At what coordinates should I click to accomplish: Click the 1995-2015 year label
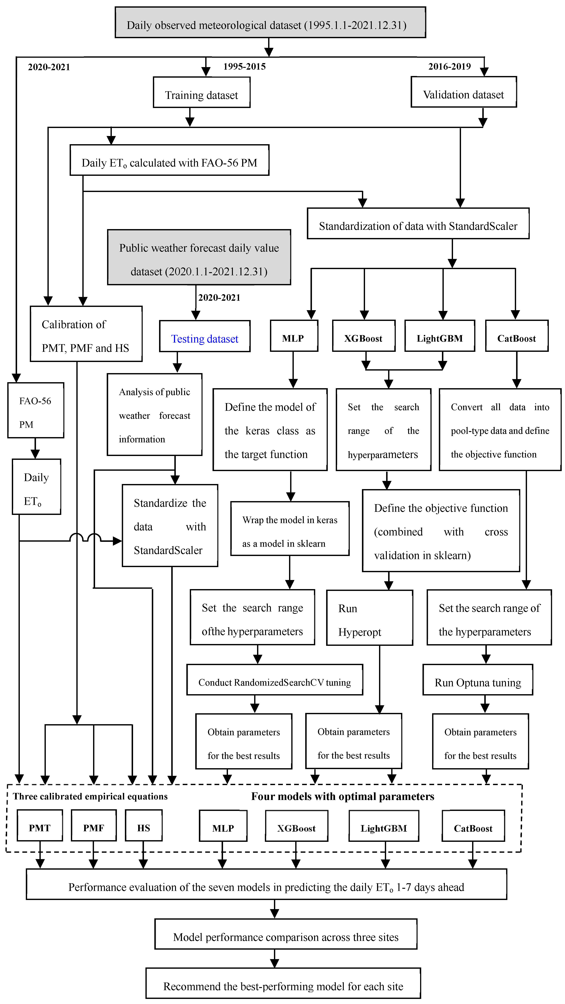click(x=244, y=67)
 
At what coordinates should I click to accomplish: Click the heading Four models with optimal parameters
click(x=342, y=796)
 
